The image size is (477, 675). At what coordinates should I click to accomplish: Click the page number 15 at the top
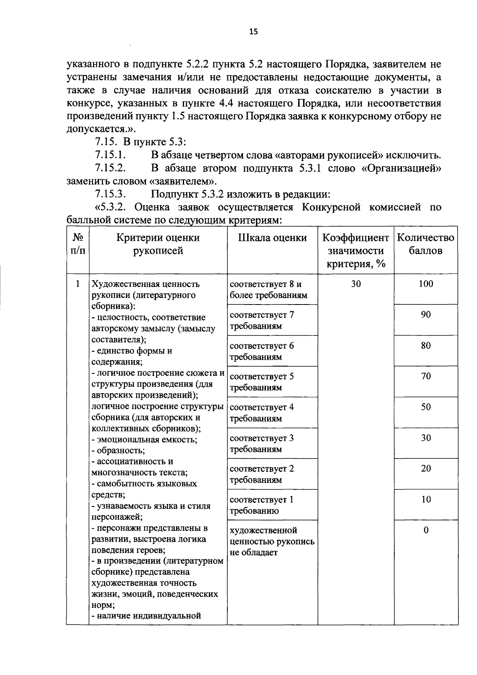coord(254,32)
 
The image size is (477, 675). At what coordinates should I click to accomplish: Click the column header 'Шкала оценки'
coord(272,238)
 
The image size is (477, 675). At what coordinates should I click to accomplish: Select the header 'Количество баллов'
coord(425,244)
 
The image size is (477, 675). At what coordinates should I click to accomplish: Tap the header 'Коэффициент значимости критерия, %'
coord(356,250)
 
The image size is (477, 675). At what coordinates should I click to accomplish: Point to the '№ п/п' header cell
coord(78,244)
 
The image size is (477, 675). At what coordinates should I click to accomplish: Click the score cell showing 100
coord(426,284)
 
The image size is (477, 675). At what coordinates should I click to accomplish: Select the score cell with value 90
coord(426,314)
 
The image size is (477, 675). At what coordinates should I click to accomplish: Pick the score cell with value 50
coord(426,407)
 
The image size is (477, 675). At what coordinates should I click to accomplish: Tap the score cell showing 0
coord(426,530)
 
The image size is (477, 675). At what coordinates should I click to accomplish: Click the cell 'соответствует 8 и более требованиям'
coord(268,289)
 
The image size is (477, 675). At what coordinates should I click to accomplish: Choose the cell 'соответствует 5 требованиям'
coord(262,382)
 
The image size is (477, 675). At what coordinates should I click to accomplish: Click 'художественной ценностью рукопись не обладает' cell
coord(272,541)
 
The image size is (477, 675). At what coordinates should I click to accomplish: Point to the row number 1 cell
coord(78,284)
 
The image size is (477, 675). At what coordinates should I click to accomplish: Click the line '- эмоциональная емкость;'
coord(144,440)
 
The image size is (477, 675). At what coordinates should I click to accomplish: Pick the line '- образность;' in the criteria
coord(118,451)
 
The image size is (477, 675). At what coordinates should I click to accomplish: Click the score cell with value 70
coord(426,376)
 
